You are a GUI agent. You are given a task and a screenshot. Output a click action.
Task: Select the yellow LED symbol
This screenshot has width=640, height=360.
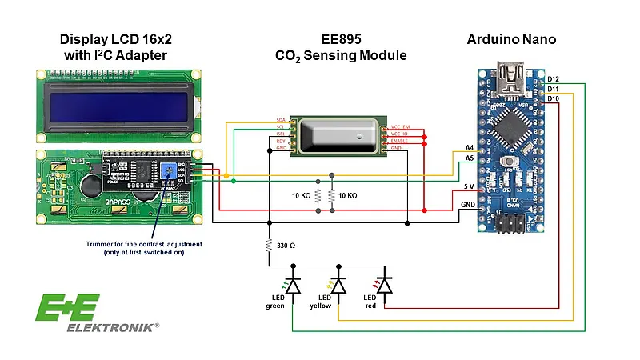pyautogui.click(x=338, y=285)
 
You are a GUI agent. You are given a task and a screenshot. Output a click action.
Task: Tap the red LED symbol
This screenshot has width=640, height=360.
pyautogui.click(x=385, y=285)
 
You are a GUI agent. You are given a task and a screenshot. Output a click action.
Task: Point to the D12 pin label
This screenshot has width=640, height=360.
pyautogui.click(x=553, y=78)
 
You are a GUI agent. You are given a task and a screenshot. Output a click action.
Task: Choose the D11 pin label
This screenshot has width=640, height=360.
pyautogui.click(x=553, y=88)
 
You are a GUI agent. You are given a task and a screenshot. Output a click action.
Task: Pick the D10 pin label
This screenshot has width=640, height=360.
pyautogui.click(x=553, y=98)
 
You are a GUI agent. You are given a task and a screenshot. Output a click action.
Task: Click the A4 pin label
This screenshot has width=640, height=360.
pyautogui.click(x=469, y=148)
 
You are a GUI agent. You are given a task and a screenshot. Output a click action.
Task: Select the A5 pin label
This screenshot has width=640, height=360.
pyautogui.click(x=469, y=158)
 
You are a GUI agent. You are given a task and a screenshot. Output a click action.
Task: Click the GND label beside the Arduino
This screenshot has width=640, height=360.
pyautogui.click(x=469, y=204)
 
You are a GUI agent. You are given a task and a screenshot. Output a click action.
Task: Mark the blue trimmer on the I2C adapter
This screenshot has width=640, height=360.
pyautogui.click(x=169, y=171)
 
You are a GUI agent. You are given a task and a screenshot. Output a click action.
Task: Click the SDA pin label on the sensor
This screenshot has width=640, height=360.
pyautogui.click(x=280, y=119)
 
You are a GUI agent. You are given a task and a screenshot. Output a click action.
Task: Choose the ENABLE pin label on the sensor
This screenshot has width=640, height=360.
pyautogui.click(x=401, y=140)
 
